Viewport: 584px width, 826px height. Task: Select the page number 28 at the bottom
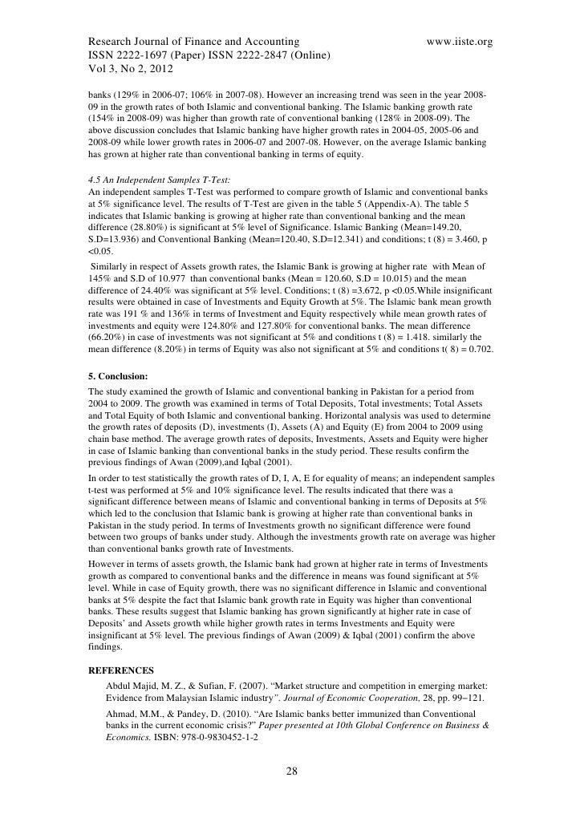pyautogui.click(x=292, y=771)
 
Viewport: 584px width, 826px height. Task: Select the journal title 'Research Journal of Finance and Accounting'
pyautogui.click(x=194, y=40)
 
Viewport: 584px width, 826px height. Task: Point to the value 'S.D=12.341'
pyautogui.click(x=295, y=238)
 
